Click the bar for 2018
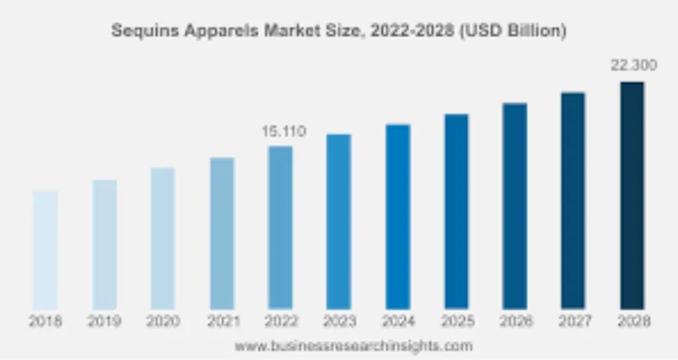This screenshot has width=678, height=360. [46, 250]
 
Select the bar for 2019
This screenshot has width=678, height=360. [104, 244]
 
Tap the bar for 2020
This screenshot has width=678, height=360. [163, 238]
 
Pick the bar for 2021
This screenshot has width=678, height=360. [222, 233]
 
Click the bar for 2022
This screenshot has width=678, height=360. [281, 227]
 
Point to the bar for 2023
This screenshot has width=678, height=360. [339, 221]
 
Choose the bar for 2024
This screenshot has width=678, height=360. [397, 216]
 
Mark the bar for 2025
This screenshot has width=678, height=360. [456, 211]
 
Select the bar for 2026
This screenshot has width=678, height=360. [514, 206]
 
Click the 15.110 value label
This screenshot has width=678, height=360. [282, 132]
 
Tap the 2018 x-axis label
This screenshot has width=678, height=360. [46, 321]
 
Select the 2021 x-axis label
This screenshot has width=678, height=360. [222, 321]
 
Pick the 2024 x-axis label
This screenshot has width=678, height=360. [397, 321]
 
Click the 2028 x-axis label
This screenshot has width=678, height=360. [631, 321]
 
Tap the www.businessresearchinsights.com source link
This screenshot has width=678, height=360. [353, 346]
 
